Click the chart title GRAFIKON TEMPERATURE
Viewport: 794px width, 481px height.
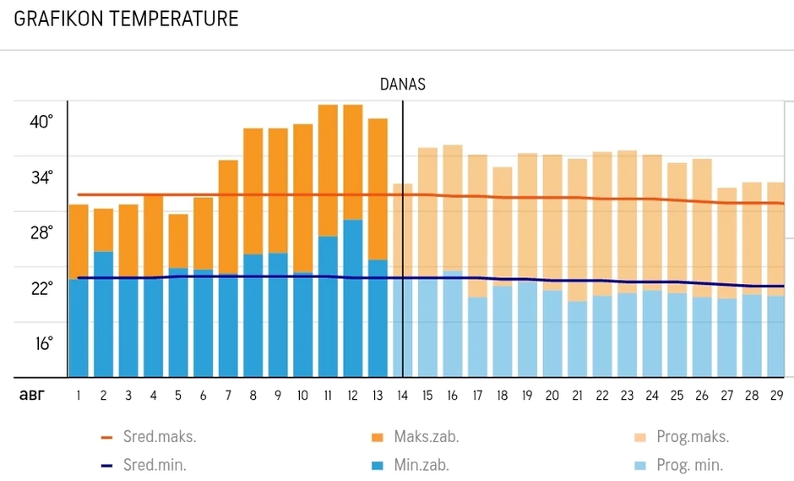pyautogui.click(x=127, y=19)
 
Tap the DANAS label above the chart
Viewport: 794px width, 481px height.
pyautogui.click(x=402, y=85)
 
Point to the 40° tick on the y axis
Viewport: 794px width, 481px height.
pyautogui.click(x=41, y=122)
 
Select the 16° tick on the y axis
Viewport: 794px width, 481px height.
pyautogui.click(x=41, y=343)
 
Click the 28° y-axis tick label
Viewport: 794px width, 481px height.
pyautogui.click(x=41, y=232)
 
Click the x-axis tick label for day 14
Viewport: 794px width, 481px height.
pyautogui.click(x=403, y=395)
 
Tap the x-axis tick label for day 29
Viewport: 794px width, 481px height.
pyautogui.click(x=775, y=395)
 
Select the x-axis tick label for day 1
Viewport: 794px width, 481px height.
pyautogui.click(x=79, y=395)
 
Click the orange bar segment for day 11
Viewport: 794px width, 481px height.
pyautogui.click(x=328, y=169)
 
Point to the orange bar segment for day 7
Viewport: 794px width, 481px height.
pyautogui.click(x=228, y=216)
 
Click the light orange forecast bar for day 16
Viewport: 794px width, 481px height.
pyautogui.click(x=453, y=207)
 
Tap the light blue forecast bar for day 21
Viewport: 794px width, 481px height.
pyautogui.click(x=577, y=339)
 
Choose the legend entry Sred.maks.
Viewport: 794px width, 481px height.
pyautogui.click(x=148, y=438)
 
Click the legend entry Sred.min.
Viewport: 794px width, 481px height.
pyautogui.click(x=148, y=465)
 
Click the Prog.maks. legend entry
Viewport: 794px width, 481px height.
pyautogui.click(x=680, y=438)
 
